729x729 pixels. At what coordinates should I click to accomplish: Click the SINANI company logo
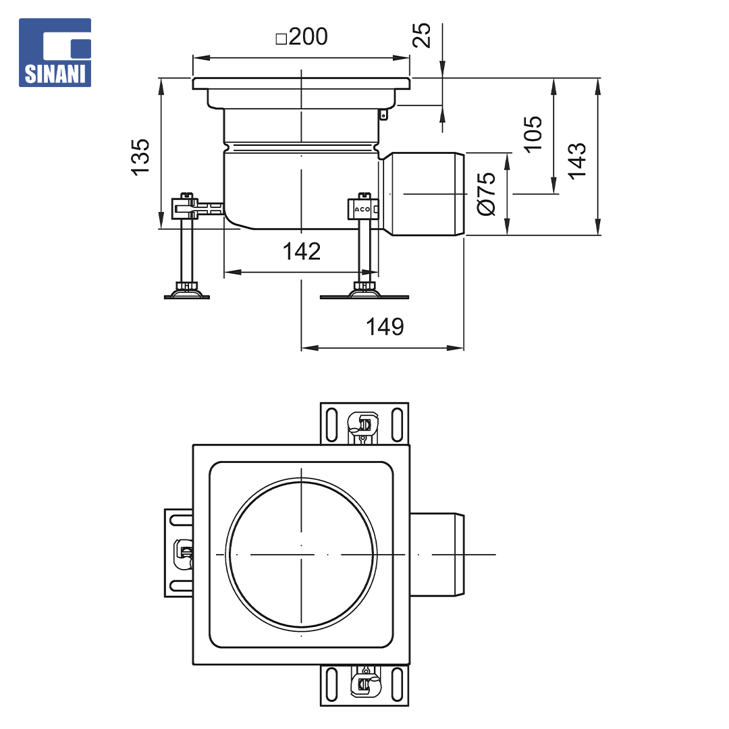coord(55,53)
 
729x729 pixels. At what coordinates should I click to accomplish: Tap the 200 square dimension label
coord(302,36)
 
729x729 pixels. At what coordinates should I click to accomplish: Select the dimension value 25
coord(422,35)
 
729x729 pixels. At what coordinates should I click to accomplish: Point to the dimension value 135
coord(140,157)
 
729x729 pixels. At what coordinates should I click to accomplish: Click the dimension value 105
coord(533,134)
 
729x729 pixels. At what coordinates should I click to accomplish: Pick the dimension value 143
coord(577,161)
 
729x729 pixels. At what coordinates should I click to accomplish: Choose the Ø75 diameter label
coord(486,194)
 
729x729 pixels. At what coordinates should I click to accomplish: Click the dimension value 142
coord(302,252)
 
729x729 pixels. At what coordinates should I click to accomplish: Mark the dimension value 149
coord(385,327)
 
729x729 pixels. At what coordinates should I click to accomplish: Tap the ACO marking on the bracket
coord(362,209)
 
